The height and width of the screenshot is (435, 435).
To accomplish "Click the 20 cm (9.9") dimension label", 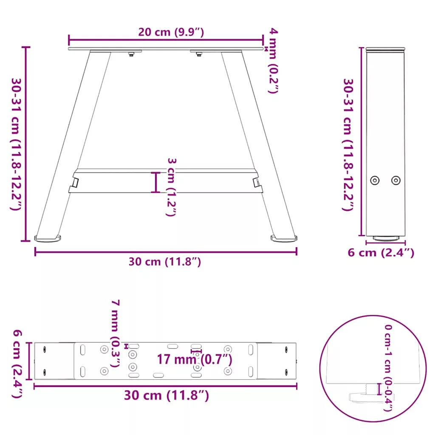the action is tap(171, 32).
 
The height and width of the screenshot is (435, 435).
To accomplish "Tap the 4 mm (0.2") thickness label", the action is tap(274, 60).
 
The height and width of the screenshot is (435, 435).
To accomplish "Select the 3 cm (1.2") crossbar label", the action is tap(172, 187).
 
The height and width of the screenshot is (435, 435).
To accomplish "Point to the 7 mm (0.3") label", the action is tap(116, 333).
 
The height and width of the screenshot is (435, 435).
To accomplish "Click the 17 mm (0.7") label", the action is tap(195, 359).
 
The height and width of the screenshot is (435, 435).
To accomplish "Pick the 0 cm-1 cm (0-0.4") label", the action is tap(388, 368).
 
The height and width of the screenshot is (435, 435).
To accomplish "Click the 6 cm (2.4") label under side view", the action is tap(381, 253).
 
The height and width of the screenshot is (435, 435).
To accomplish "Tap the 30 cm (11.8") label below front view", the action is tap(164, 262).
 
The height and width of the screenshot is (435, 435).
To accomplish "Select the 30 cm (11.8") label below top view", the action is tap(166, 395).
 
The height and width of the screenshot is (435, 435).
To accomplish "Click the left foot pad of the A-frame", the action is tap(48, 238).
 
